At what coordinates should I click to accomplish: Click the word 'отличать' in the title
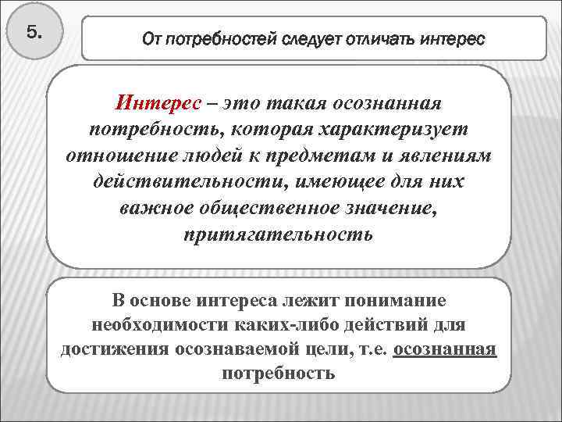375,38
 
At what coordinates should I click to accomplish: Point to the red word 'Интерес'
159,103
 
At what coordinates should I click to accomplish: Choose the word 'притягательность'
278,234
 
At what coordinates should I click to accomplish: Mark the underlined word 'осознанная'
445,349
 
